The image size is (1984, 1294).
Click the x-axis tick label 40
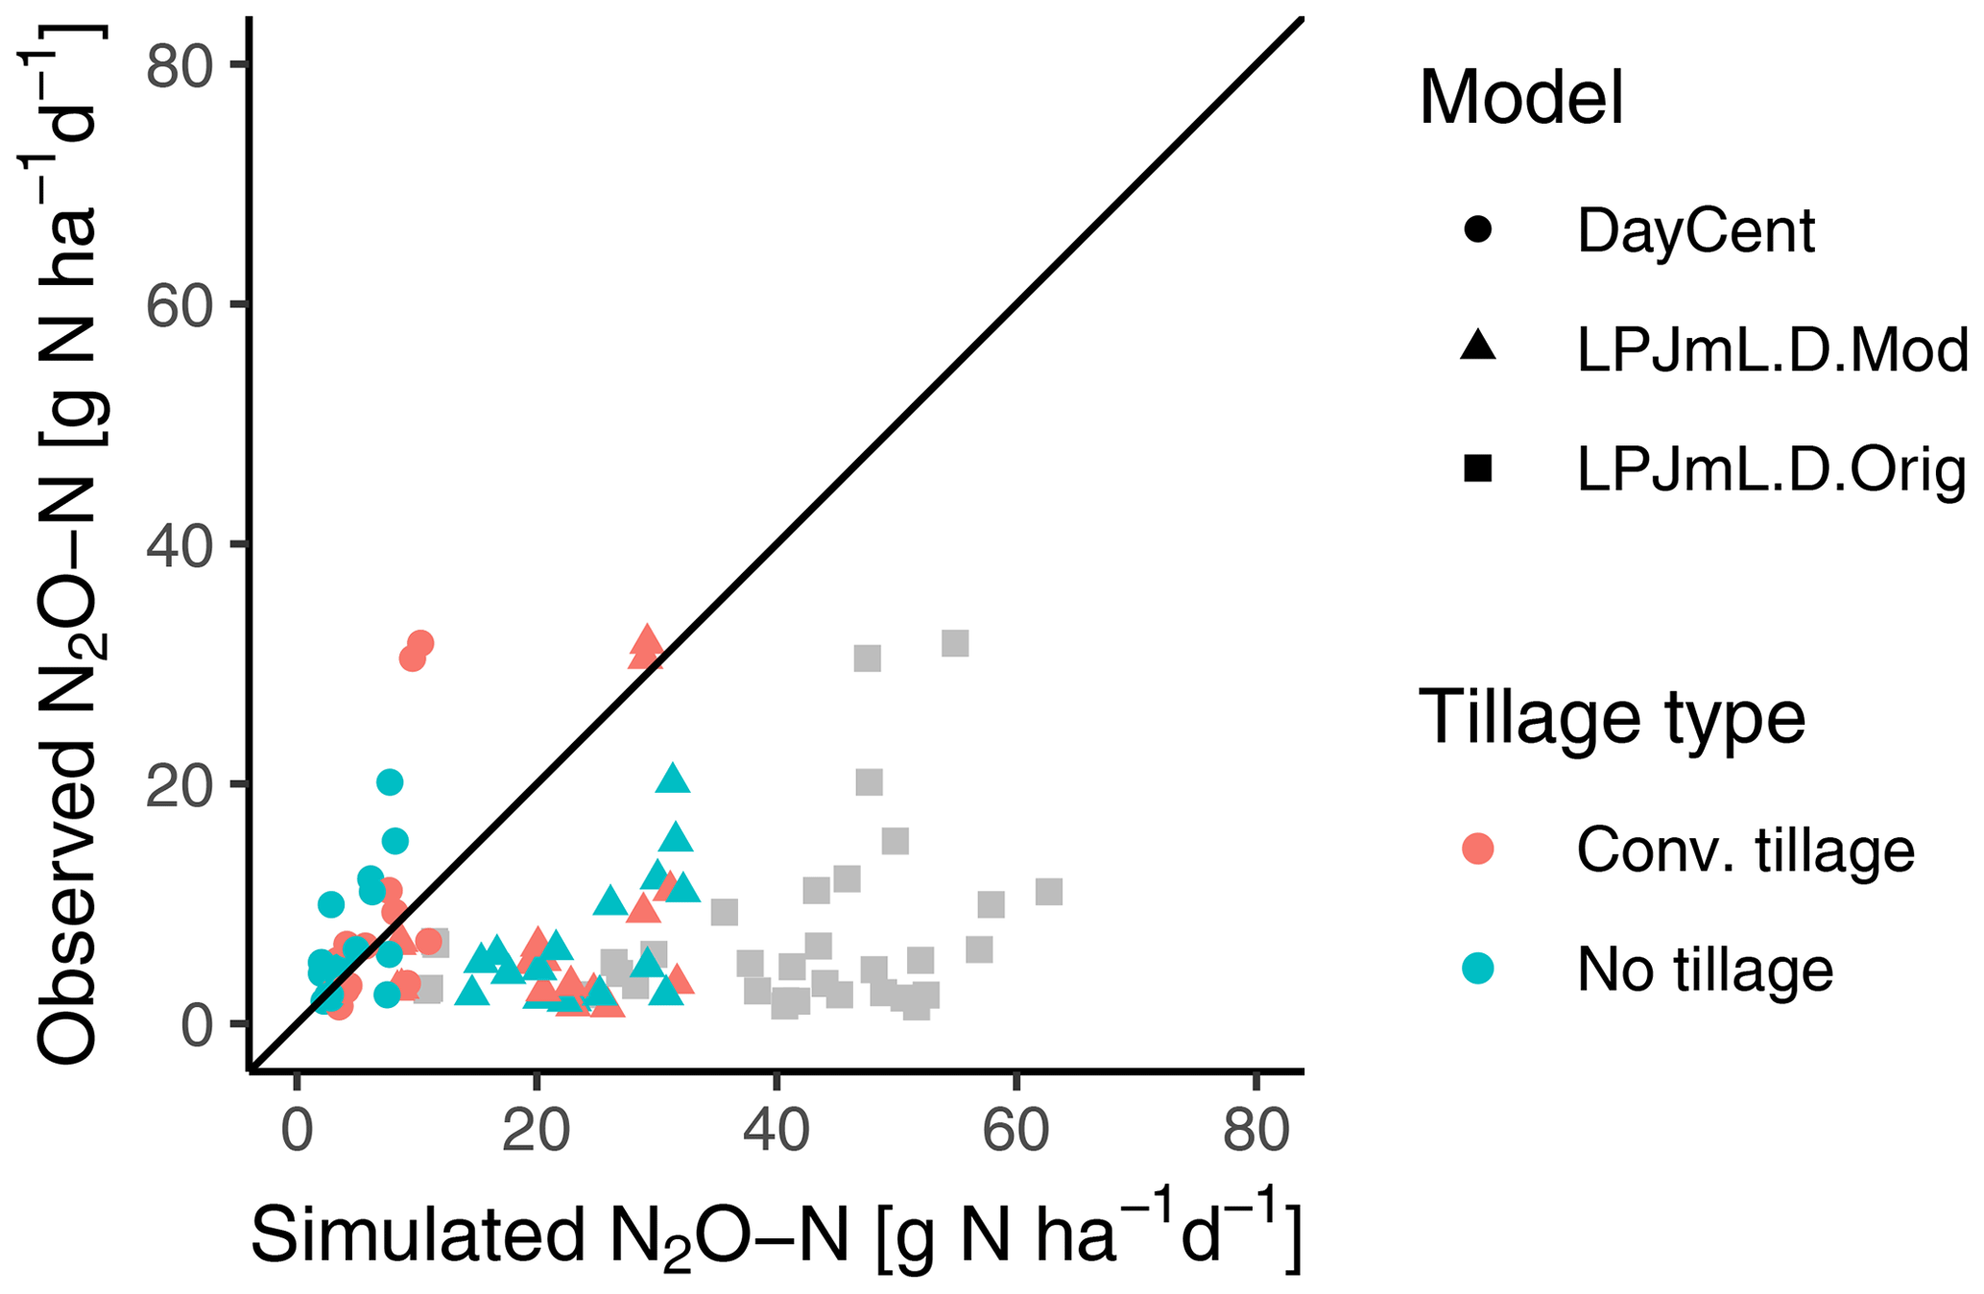pos(776,1132)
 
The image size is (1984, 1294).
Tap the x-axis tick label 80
pos(1255,1132)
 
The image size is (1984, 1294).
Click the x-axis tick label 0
pos(297,1132)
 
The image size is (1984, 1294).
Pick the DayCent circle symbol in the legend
pos(1478,230)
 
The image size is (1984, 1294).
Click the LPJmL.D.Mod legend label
pos(1772,350)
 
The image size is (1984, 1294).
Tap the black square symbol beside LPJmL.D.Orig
pos(1478,468)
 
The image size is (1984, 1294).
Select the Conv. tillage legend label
pos(1745,851)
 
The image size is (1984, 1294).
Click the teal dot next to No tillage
pos(1478,970)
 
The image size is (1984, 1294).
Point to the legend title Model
pos(1520,98)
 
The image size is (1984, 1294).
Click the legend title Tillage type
pos(1612,717)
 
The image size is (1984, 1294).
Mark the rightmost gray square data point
pos(1049,892)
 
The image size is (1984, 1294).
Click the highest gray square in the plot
pos(955,643)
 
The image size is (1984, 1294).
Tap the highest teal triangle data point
pos(673,779)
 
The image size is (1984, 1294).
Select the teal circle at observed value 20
pos(389,782)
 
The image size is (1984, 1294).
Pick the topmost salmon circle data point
pos(420,643)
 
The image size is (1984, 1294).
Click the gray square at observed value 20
pos(869,782)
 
